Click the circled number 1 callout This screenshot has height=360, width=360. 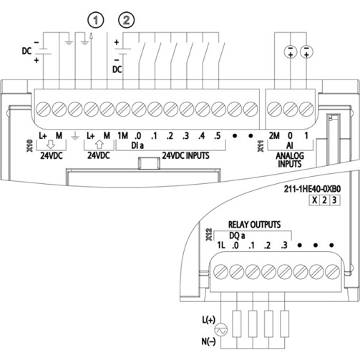click(96, 20)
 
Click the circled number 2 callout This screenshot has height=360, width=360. click(127, 20)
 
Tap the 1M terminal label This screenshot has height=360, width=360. click(122, 136)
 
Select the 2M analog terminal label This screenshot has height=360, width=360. click(274, 136)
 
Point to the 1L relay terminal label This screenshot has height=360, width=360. click(221, 245)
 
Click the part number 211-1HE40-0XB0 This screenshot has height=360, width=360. click(312, 189)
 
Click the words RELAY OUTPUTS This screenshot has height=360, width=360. click(254, 225)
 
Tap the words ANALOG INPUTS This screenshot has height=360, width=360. click(290, 160)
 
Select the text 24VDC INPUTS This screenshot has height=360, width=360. click(186, 155)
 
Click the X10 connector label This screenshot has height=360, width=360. click(30, 146)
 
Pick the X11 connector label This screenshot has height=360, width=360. click(261, 146)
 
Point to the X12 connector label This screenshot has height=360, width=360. click(209, 235)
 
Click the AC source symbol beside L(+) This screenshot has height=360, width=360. click(221, 330)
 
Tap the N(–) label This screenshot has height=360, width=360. click(208, 341)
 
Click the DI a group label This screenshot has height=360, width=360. click(137, 145)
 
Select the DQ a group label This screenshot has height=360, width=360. click(237, 235)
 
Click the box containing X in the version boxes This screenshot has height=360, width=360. click(315, 200)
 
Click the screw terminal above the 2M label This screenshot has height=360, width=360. click(274, 110)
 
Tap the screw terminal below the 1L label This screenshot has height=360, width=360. click(221, 271)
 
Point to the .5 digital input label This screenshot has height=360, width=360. click(217, 136)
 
